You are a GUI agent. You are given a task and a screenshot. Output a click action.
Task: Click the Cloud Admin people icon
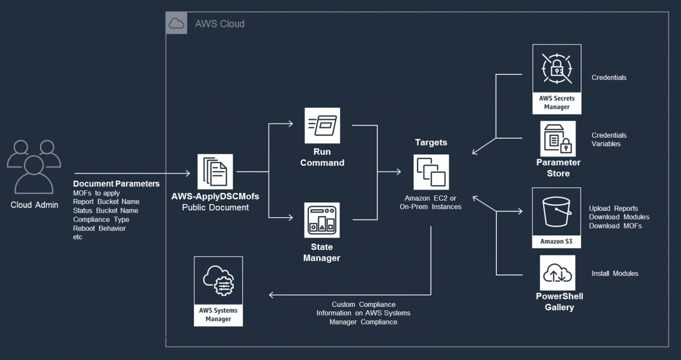point(34,166)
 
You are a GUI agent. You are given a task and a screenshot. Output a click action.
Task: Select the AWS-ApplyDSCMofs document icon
point(215,171)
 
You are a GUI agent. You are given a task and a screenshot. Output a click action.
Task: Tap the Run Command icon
point(322,125)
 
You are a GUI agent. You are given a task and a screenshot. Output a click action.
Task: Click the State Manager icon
point(322,220)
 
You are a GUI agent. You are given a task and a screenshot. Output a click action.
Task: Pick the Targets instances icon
point(432,172)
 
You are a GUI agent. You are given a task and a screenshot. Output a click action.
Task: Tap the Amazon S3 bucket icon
point(556,211)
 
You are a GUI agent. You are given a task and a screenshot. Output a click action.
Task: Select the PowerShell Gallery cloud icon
point(557,273)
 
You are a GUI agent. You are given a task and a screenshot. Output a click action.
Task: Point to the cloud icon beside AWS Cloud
point(176,23)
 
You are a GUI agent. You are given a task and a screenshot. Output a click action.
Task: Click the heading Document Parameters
point(116,184)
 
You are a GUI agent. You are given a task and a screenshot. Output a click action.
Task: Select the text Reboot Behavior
point(99,228)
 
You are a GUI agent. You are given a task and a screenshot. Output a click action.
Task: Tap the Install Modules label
point(615,274)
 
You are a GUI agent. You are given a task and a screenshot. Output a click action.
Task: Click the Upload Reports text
point(614,209)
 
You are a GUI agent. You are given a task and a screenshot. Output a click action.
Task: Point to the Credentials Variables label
point(609,139)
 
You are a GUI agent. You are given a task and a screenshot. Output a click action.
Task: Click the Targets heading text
point(431,142)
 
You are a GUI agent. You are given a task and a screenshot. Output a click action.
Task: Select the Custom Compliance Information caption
point(363,313)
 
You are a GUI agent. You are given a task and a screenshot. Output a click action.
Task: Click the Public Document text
point(215,207)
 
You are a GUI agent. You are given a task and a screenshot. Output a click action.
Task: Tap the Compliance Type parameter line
point(101,219)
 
